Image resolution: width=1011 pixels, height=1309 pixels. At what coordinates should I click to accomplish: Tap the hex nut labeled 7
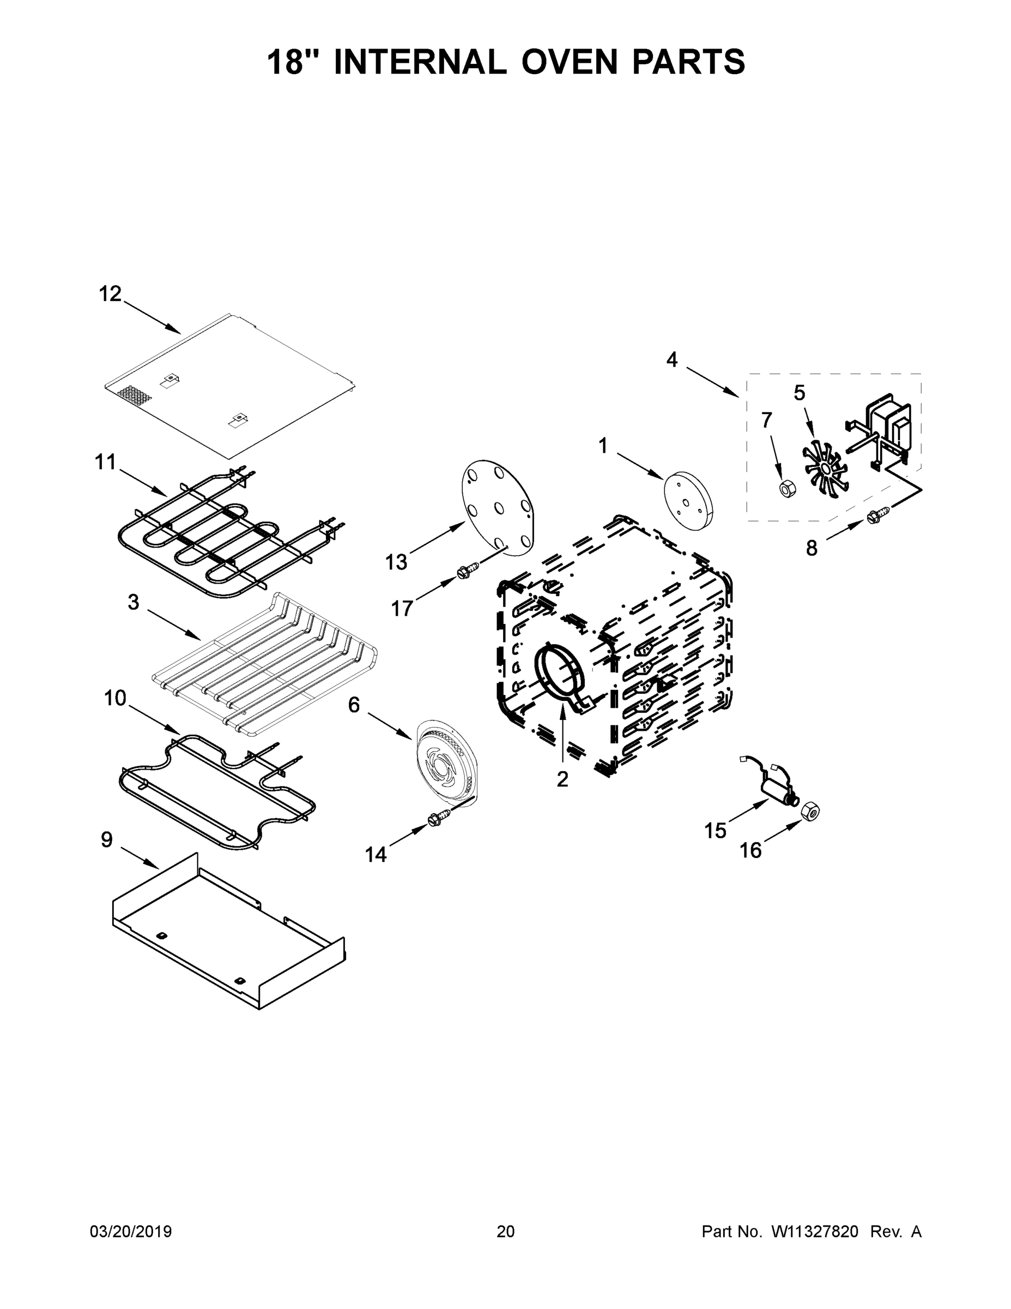pos(787,489)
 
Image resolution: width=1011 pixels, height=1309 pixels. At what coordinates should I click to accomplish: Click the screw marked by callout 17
pos(468,569)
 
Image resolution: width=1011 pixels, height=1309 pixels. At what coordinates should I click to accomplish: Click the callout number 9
pos(107,840)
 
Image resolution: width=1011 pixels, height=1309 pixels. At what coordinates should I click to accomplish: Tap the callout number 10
pos(115,698)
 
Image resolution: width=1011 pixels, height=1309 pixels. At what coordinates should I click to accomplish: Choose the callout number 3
pos(133,602)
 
